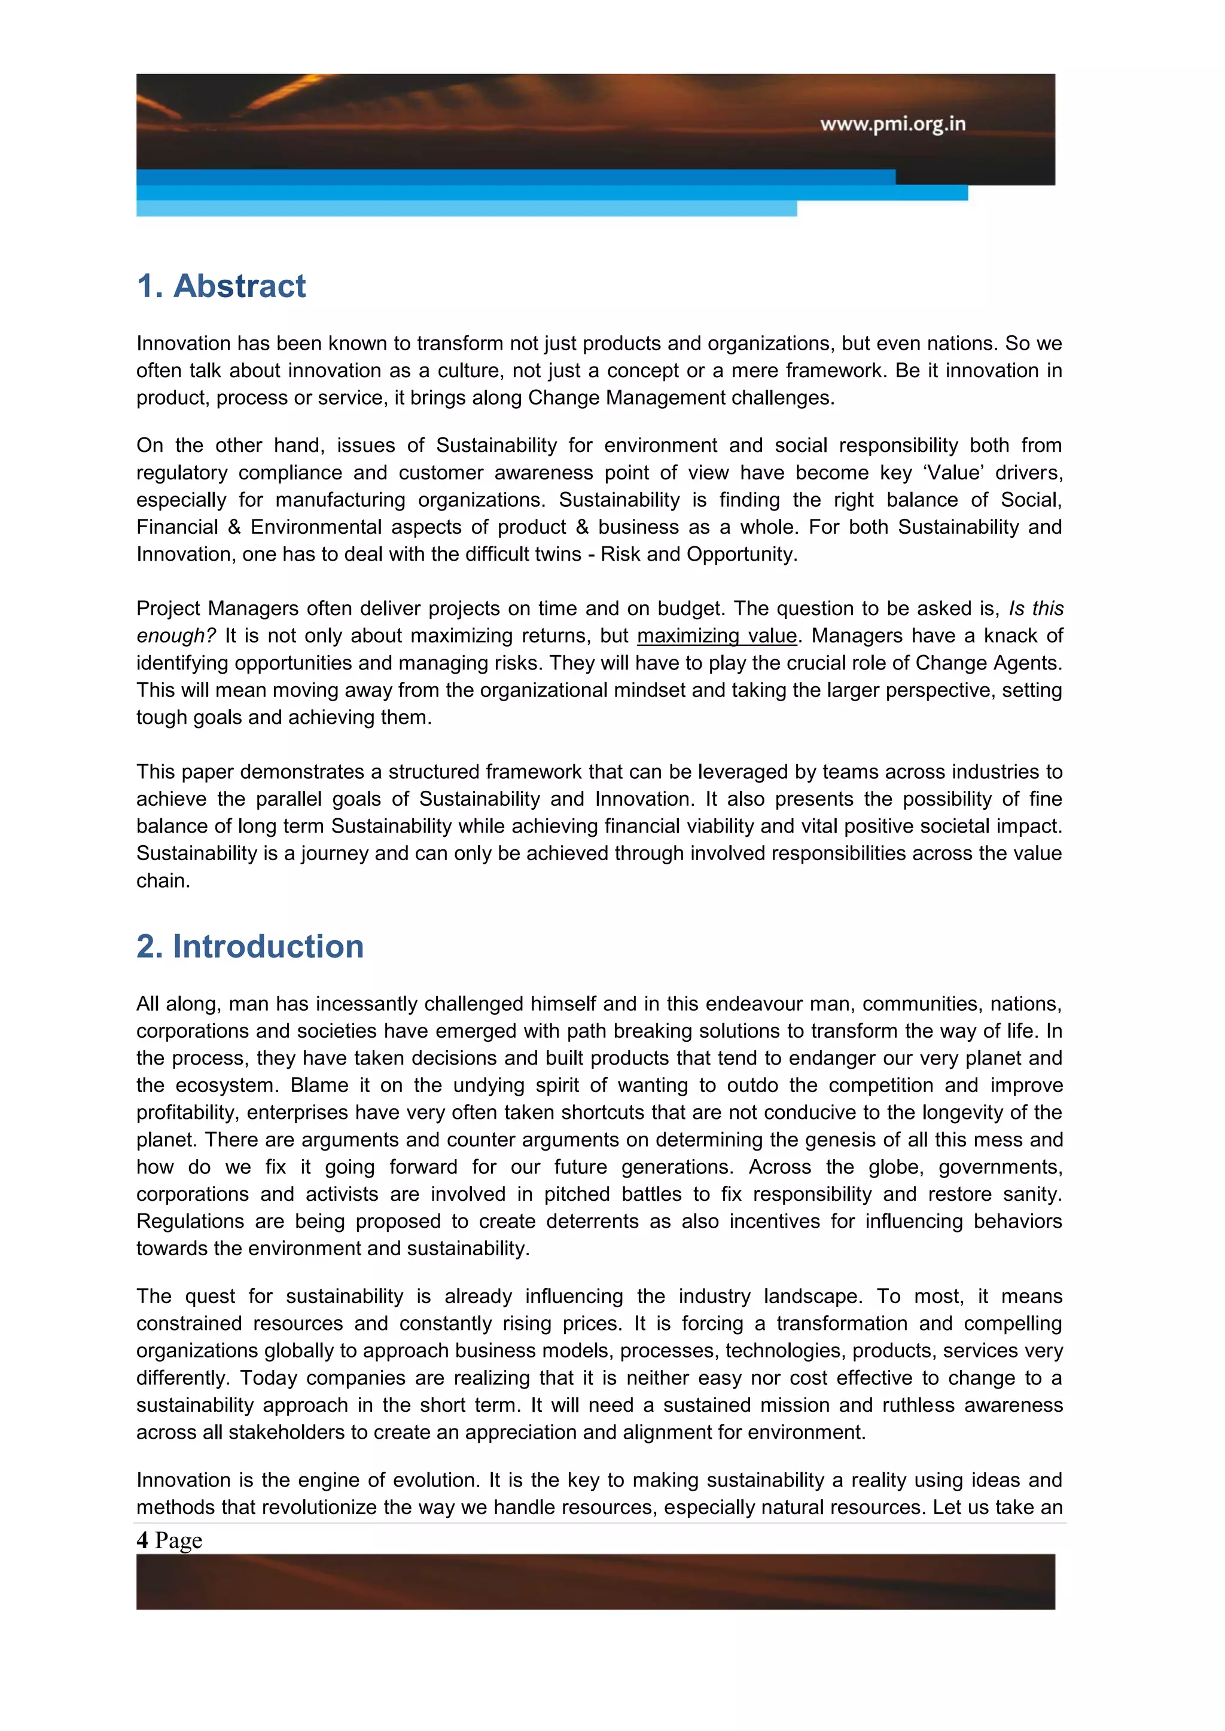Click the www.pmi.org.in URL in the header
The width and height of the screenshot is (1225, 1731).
(892, 124)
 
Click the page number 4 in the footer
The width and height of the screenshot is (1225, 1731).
(142, 1540)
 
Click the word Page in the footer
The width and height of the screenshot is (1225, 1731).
(179, 1540)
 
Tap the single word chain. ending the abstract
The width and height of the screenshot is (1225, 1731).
(163, 880)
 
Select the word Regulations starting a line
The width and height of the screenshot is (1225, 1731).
(190, 1221)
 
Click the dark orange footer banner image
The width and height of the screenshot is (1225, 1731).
(595, 1581)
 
